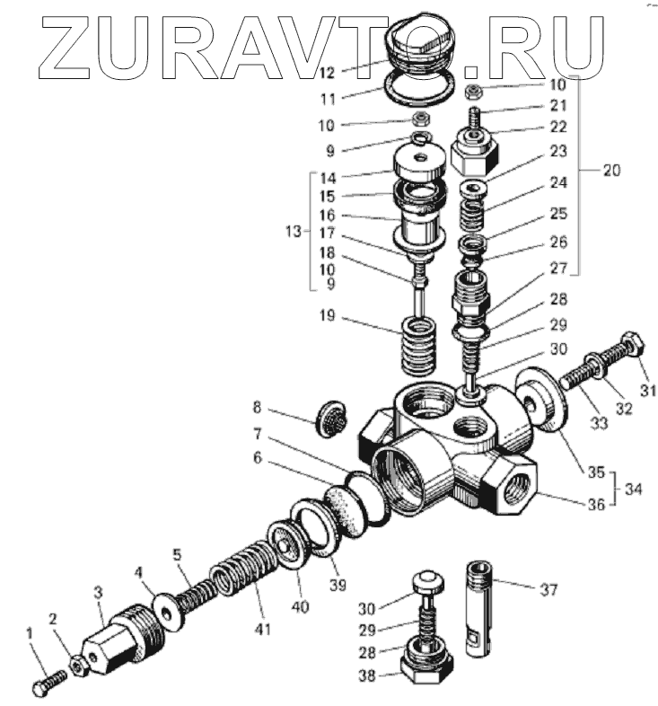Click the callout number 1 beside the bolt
pos(31,634)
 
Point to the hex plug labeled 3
pos(113,644)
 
